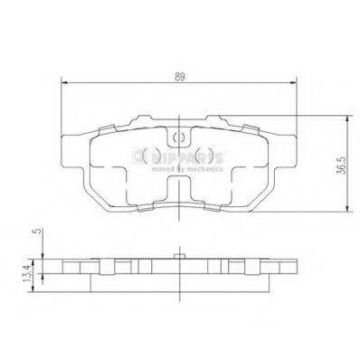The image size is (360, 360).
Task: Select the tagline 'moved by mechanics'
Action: pyautogui.click(x=192, y=168)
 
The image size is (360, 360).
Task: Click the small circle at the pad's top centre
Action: pyautogui.click(x=180, y=138)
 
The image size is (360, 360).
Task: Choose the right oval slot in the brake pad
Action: pyautogui.click(x=206, y=156)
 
